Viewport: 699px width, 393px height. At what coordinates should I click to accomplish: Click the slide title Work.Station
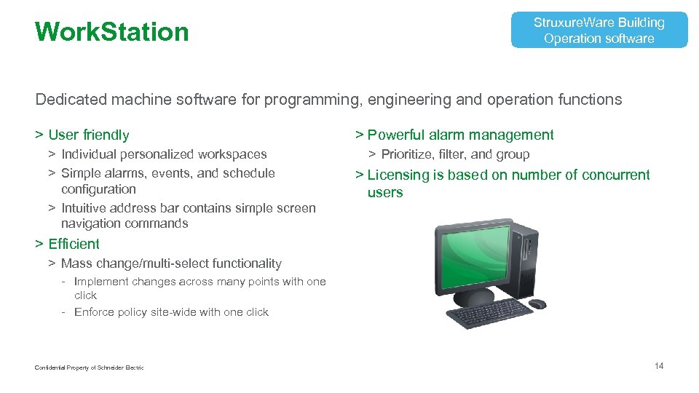[111, 32]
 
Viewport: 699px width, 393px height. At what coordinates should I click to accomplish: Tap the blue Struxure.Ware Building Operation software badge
[599, 31]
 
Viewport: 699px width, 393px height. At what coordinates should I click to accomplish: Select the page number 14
[658, 366]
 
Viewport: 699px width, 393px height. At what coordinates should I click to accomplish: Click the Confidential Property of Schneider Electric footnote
[89, 368]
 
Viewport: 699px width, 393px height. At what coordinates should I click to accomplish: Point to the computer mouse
[537, 303]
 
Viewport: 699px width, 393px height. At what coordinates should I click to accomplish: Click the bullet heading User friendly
[88, 135]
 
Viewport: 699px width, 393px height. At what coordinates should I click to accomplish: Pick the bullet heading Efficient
[74, 244]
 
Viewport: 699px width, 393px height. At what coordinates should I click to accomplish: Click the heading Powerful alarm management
[460, 135]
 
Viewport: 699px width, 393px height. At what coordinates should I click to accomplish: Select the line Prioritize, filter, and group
[455, 154]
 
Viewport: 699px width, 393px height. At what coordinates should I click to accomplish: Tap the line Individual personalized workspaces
[164, 154]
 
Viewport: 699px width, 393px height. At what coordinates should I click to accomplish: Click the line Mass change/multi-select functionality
[171, 263]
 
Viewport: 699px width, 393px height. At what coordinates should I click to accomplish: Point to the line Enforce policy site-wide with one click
[171, 312]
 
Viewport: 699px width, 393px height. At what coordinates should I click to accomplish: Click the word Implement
[101, 282]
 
